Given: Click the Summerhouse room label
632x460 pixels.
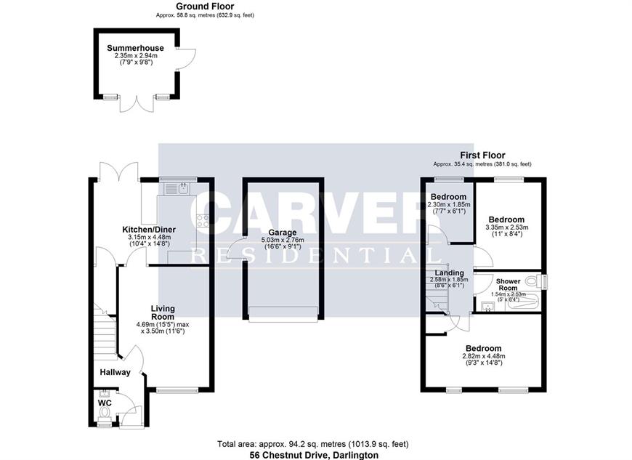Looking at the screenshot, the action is [x=135, y=48].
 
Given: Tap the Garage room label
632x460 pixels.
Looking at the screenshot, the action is [x=283, y=233].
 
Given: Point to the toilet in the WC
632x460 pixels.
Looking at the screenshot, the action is [x=105, y=411].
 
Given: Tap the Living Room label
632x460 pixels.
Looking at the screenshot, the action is [x=163, y=312].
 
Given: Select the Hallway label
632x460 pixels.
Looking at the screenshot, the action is [x=116, y=372].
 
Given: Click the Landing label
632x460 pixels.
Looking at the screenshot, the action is [x=449, y=273].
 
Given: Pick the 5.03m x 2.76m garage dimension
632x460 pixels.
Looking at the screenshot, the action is [x=283, y=240].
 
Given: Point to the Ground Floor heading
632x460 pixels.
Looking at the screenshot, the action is [x=205, y=6].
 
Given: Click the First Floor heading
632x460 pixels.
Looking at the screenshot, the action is [x=482, y=156].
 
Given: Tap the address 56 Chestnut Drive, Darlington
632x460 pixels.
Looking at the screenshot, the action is [x=314, y=455].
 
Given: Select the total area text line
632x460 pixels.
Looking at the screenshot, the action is [x=313, y=444].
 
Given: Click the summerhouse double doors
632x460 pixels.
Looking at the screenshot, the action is [x=137, y=104].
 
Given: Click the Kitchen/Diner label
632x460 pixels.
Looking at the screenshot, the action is [x=149, y=230].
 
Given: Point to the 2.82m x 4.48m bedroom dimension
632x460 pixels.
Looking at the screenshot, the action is [x=484, y=356].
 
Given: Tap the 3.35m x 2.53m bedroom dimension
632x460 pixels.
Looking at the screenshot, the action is [x=506, y=227].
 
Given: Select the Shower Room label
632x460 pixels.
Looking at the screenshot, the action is [x=509, y=285].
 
